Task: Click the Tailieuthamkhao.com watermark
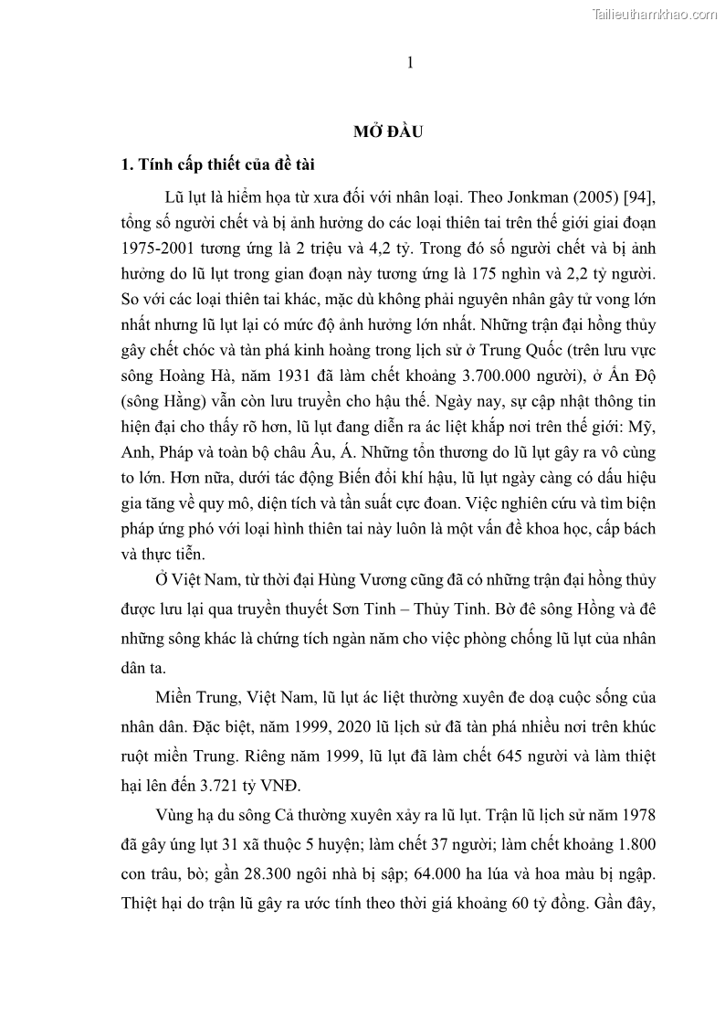(656, 14)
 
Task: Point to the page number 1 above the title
(410, 62)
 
